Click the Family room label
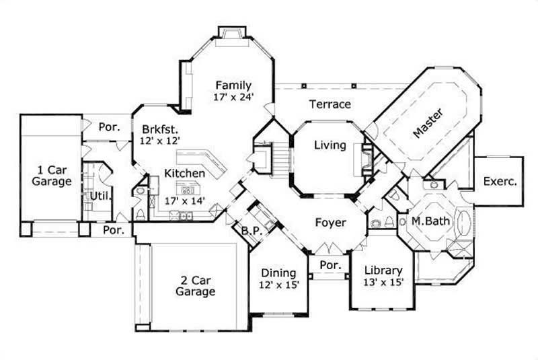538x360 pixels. pyautogui.click(x=233, y=85)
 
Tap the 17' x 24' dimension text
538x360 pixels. pyautogui.click(x=233, y=97)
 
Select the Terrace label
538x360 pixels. pyautogui.click(x=330, y=104)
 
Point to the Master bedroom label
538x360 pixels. pyautogui.click(x=428, y=123)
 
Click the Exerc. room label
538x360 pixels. pyautogui.click(x=500, y=181)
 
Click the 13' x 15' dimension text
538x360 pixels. pyautogui.click(x=383, y=283)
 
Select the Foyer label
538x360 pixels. pyautogui.click(x=330, y=222)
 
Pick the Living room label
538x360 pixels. pyautogui.click(x=330, y=145)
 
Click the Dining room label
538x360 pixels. pyautogui.click(x=278, y=273)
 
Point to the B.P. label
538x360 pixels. pyautogui.click(x=252, y=231)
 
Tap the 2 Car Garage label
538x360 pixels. pyautogui.click(x=195, y=285)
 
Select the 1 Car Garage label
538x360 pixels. pyautogui.click(x=51, y=175)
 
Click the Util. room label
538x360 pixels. pyautogui.click(x=100, y=196)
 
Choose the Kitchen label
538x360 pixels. pyautogui.click(x=184, y=174)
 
